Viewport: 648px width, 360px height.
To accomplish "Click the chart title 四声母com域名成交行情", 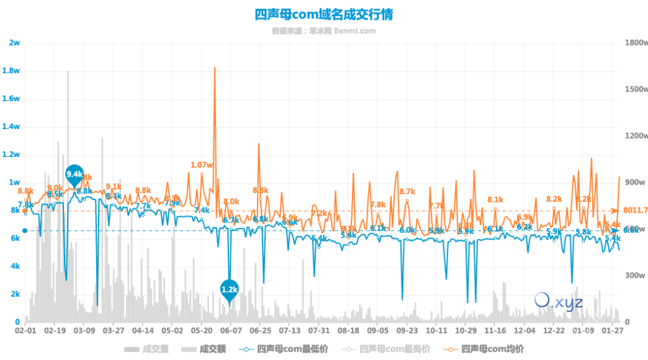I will click(x=323, y=15).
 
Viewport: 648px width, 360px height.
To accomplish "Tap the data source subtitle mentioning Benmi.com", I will click(x=323, y=30).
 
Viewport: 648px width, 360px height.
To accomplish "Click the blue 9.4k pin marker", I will click(x=75, y=174).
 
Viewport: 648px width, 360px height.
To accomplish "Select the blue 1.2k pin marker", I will click(x=229, y=289).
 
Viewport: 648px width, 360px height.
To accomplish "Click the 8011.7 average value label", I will click(x=635, y=210).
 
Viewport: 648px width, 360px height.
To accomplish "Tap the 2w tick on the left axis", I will click(x=15, y=43).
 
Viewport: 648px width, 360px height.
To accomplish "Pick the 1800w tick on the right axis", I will click(x=634, y=43).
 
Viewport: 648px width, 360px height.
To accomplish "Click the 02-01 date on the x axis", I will click(x=25, y=330).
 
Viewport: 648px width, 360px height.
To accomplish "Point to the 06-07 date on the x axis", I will click(x=231, y=330).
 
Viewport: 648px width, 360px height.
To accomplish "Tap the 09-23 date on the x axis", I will click(x=407, y=330).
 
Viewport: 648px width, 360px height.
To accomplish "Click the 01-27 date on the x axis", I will click(x=612, y=330).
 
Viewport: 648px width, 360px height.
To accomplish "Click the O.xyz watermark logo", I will click(x=558, y=301).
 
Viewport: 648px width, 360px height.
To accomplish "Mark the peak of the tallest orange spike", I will click(x=215, y=68).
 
